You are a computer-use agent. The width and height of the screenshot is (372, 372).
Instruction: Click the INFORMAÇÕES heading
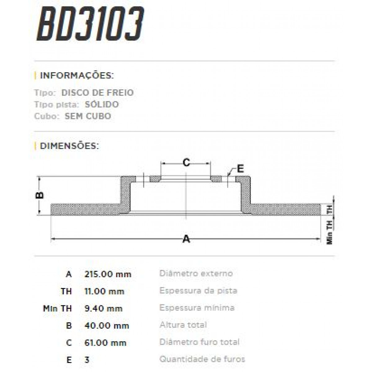tap(77, 75)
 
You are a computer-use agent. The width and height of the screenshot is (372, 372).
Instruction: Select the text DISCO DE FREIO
tap(97, 93)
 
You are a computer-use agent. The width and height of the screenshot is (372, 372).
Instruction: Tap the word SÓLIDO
tap(102, 104)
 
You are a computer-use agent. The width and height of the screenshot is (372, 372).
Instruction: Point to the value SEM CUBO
tap(88, 116)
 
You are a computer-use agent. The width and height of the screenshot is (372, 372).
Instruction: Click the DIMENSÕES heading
tap(69, 146)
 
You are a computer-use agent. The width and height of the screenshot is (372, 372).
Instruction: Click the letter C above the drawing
tap(186, 162)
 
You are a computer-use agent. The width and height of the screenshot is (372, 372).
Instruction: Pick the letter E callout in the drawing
tap(240, 169)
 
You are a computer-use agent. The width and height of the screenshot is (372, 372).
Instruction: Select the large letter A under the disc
tap(186, 239)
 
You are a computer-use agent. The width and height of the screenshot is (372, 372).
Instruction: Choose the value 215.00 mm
tap(108, 274)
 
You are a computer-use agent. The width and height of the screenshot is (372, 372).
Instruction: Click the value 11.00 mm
tap(104, 291)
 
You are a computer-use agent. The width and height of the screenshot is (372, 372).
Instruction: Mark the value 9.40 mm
tap(104, 308)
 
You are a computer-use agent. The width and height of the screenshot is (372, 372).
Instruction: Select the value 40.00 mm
tap(107, 326)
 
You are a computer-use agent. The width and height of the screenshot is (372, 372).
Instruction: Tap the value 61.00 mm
tap(105, 343)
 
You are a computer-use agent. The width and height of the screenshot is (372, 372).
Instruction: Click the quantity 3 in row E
tap(87, 360)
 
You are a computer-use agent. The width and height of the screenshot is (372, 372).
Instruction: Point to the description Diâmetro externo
tap(196, 273)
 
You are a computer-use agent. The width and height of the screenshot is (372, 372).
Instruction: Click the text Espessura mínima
tap(197, 308)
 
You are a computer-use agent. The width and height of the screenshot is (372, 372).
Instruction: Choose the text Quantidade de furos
tap(202, 359)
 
